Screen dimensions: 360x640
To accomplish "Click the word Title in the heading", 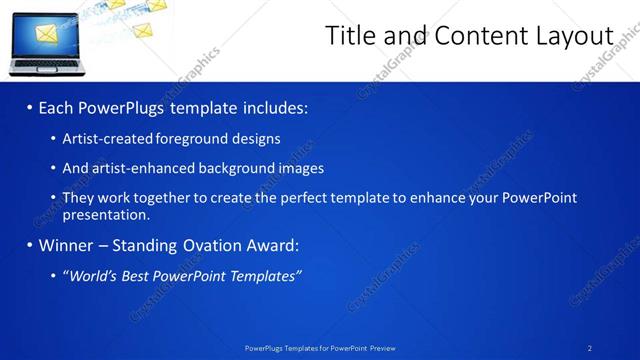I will [x=354, y=36].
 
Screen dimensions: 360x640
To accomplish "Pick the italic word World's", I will [x=92, y=276].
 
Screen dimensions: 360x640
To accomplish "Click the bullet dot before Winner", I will [x=30, y=245].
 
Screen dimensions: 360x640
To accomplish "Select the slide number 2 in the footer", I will [x=590, y=348].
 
